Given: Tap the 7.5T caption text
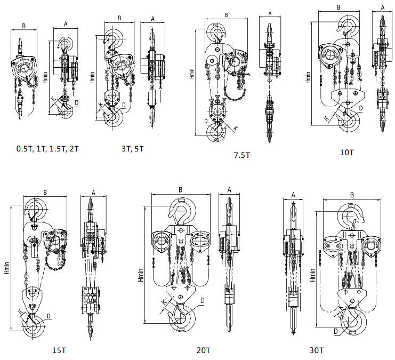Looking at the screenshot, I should [x=241, y=155].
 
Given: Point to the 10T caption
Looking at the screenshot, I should [x=346, y=152].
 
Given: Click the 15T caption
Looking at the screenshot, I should [x=59, y=350].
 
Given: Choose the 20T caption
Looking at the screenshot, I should [x=203, y=350].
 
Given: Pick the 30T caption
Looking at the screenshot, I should [x=316, y=350].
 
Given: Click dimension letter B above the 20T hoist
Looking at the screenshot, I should [x=181, y=189].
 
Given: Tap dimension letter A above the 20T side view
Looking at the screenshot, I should [x=229, y=189].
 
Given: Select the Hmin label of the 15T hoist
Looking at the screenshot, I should [x=6, y=267].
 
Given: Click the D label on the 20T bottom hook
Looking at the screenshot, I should [x=203, y=301].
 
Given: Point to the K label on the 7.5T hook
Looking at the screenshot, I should [x=237, y=129].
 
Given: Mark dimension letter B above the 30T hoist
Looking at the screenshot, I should [x=351, y=195].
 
